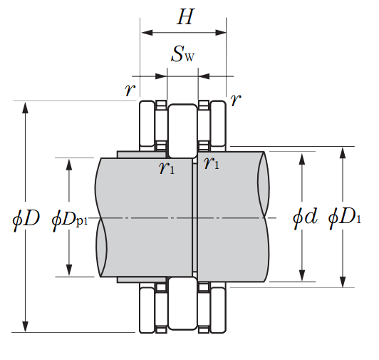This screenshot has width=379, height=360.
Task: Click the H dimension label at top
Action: pos(186,17)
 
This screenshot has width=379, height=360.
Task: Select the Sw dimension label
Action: pos(182,54)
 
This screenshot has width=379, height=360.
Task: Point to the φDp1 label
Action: pos(70,220)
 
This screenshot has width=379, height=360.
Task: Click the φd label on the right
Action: pos(305,217)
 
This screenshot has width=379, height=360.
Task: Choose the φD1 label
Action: pos(344,217)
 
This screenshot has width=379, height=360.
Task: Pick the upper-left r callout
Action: pos(130,90)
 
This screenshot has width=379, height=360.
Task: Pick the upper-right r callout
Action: pos(236,99)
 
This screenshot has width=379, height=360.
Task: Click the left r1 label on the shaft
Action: pos(167,168)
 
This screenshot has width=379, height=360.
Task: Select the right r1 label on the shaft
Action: pos(212,163)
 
